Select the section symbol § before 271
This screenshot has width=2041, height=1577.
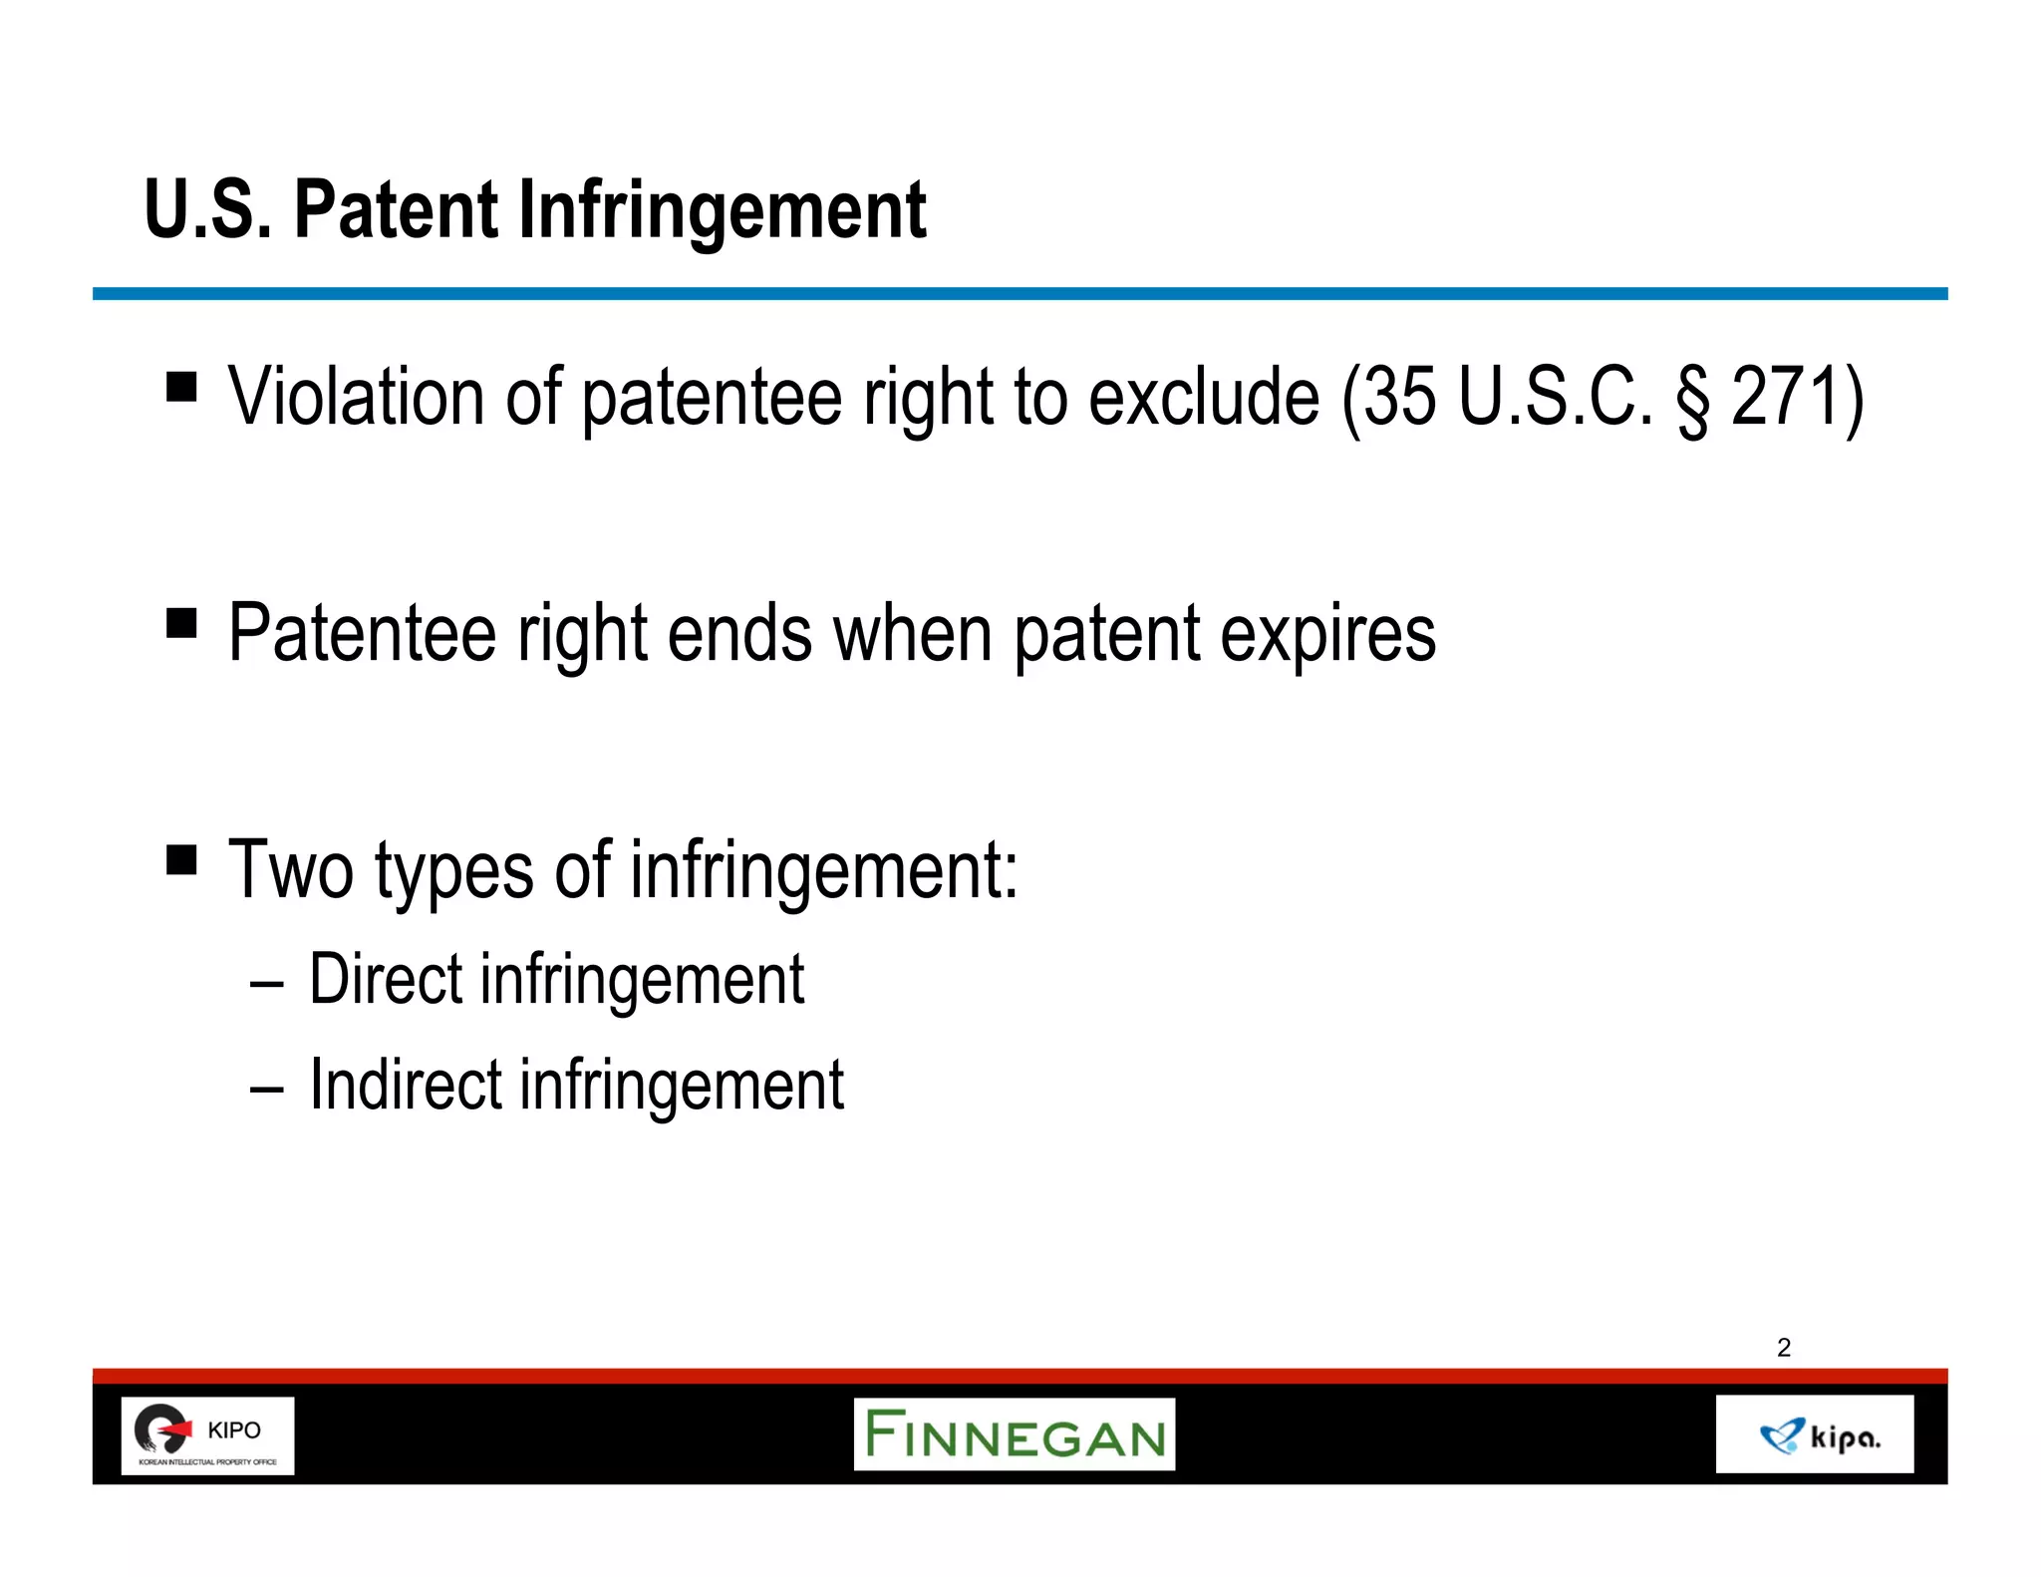(x=1691, y=399)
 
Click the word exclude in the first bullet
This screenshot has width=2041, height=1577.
(x=1204, y=397)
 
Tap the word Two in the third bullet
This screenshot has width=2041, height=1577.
(x=291, y=869)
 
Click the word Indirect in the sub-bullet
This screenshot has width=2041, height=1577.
(x=406, y=1085)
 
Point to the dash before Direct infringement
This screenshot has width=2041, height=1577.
(x=267, y=985)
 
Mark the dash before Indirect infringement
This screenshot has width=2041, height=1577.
(x=267, y=1091)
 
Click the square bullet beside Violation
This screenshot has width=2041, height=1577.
(x=181, y=386)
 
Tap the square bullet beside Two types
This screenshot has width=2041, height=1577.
(x=181, y=859)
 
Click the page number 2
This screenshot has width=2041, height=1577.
(x=1784, y=1348)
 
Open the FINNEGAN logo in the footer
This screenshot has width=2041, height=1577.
(x=1015, y=1434)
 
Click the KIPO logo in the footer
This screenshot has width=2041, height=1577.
(x=207, y=1435)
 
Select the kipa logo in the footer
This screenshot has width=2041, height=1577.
(x=1815, y=1435)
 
